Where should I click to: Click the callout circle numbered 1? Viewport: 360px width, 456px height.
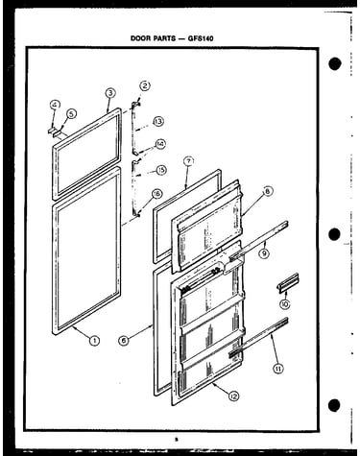94,341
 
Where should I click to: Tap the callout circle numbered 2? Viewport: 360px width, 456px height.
146,85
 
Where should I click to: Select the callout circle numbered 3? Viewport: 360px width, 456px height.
110,93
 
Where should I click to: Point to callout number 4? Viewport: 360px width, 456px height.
55,105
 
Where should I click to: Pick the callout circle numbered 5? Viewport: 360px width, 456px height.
72,113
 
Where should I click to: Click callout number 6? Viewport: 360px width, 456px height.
123,340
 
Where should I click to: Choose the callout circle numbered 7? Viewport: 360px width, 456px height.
189,161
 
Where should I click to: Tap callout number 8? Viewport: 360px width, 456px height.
268,191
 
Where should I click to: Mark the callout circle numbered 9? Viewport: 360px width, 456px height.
264,253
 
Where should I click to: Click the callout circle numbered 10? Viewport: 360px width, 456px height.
284,303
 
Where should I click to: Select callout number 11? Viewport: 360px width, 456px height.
278,369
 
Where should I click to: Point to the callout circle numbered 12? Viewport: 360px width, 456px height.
234,396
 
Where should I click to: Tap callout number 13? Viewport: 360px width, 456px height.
158,122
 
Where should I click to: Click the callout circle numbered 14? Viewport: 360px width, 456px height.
160,144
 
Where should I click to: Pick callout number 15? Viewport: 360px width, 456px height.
161,170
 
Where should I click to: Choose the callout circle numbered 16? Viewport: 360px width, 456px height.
157,194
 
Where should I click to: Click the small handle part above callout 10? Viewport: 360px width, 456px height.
288,282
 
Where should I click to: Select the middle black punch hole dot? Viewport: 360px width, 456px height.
334,234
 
